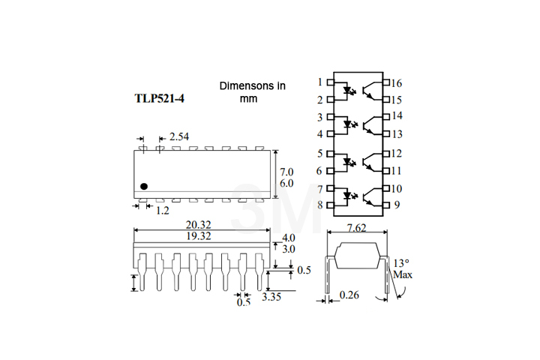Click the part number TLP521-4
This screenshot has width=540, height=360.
click(158, 99)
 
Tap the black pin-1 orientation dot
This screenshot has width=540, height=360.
click(144, 186)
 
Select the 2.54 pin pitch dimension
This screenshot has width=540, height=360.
click(180, 136)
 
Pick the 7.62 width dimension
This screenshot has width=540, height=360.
click(358, 228)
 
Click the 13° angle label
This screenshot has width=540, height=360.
click(402, 263)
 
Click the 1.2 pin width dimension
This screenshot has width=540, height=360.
click(162, 211)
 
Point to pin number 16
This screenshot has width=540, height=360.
click(396, 82)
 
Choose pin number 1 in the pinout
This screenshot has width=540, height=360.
click(320, 82)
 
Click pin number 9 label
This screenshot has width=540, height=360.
click(396, 205)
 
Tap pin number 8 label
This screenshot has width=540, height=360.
click(320, 205)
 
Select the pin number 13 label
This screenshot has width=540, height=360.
click(396, 133)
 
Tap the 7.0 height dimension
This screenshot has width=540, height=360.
click(286, 172)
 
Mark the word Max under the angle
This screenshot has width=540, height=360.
click(403, 275)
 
